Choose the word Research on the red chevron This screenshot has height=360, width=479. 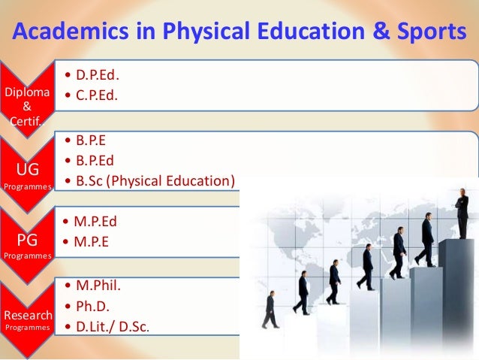[27, 315]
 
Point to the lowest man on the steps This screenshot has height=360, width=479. [270, 310]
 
